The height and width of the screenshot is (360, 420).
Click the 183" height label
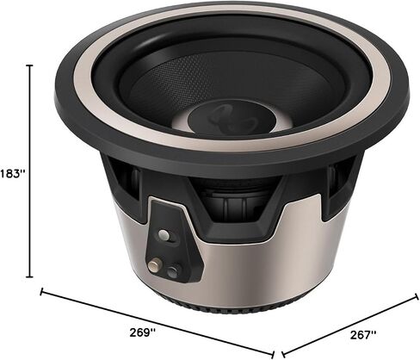coord(13,174)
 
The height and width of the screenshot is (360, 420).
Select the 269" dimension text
coord(143,332)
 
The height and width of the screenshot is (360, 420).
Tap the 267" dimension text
coord(363,335)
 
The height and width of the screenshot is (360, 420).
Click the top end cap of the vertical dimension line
coord(29,65)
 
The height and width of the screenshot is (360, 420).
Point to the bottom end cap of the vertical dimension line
coord(29,277)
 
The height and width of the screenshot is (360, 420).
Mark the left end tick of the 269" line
coord(42,292)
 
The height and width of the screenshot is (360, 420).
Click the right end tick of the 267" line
coord(417,297)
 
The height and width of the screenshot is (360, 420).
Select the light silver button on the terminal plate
coord(164,234)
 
